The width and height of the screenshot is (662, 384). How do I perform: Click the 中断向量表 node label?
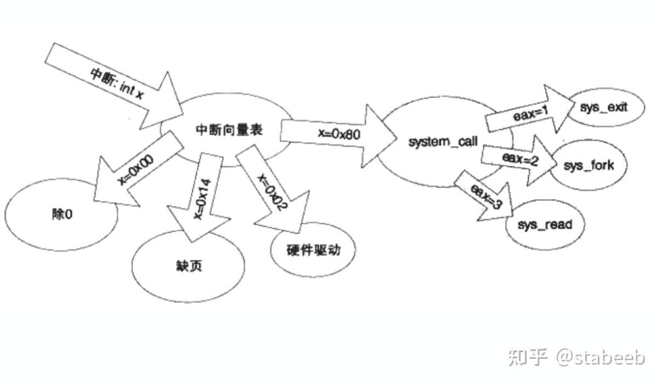click(229, 130)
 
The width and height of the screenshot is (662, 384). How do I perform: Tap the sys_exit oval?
click(603, 107)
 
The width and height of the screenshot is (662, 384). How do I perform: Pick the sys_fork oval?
click(589, 165)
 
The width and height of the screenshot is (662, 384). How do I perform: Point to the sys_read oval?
click(544, 225)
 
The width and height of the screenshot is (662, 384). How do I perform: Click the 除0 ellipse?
click(62, 214)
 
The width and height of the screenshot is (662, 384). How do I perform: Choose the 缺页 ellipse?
click(188, 266)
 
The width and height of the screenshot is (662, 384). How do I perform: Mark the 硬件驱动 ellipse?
click(313, 250)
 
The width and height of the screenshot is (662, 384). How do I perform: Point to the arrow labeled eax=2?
click(518, 159)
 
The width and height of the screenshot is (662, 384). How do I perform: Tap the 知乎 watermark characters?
click(528, 357)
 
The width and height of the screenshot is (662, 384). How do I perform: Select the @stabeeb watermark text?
click(601, 357)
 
